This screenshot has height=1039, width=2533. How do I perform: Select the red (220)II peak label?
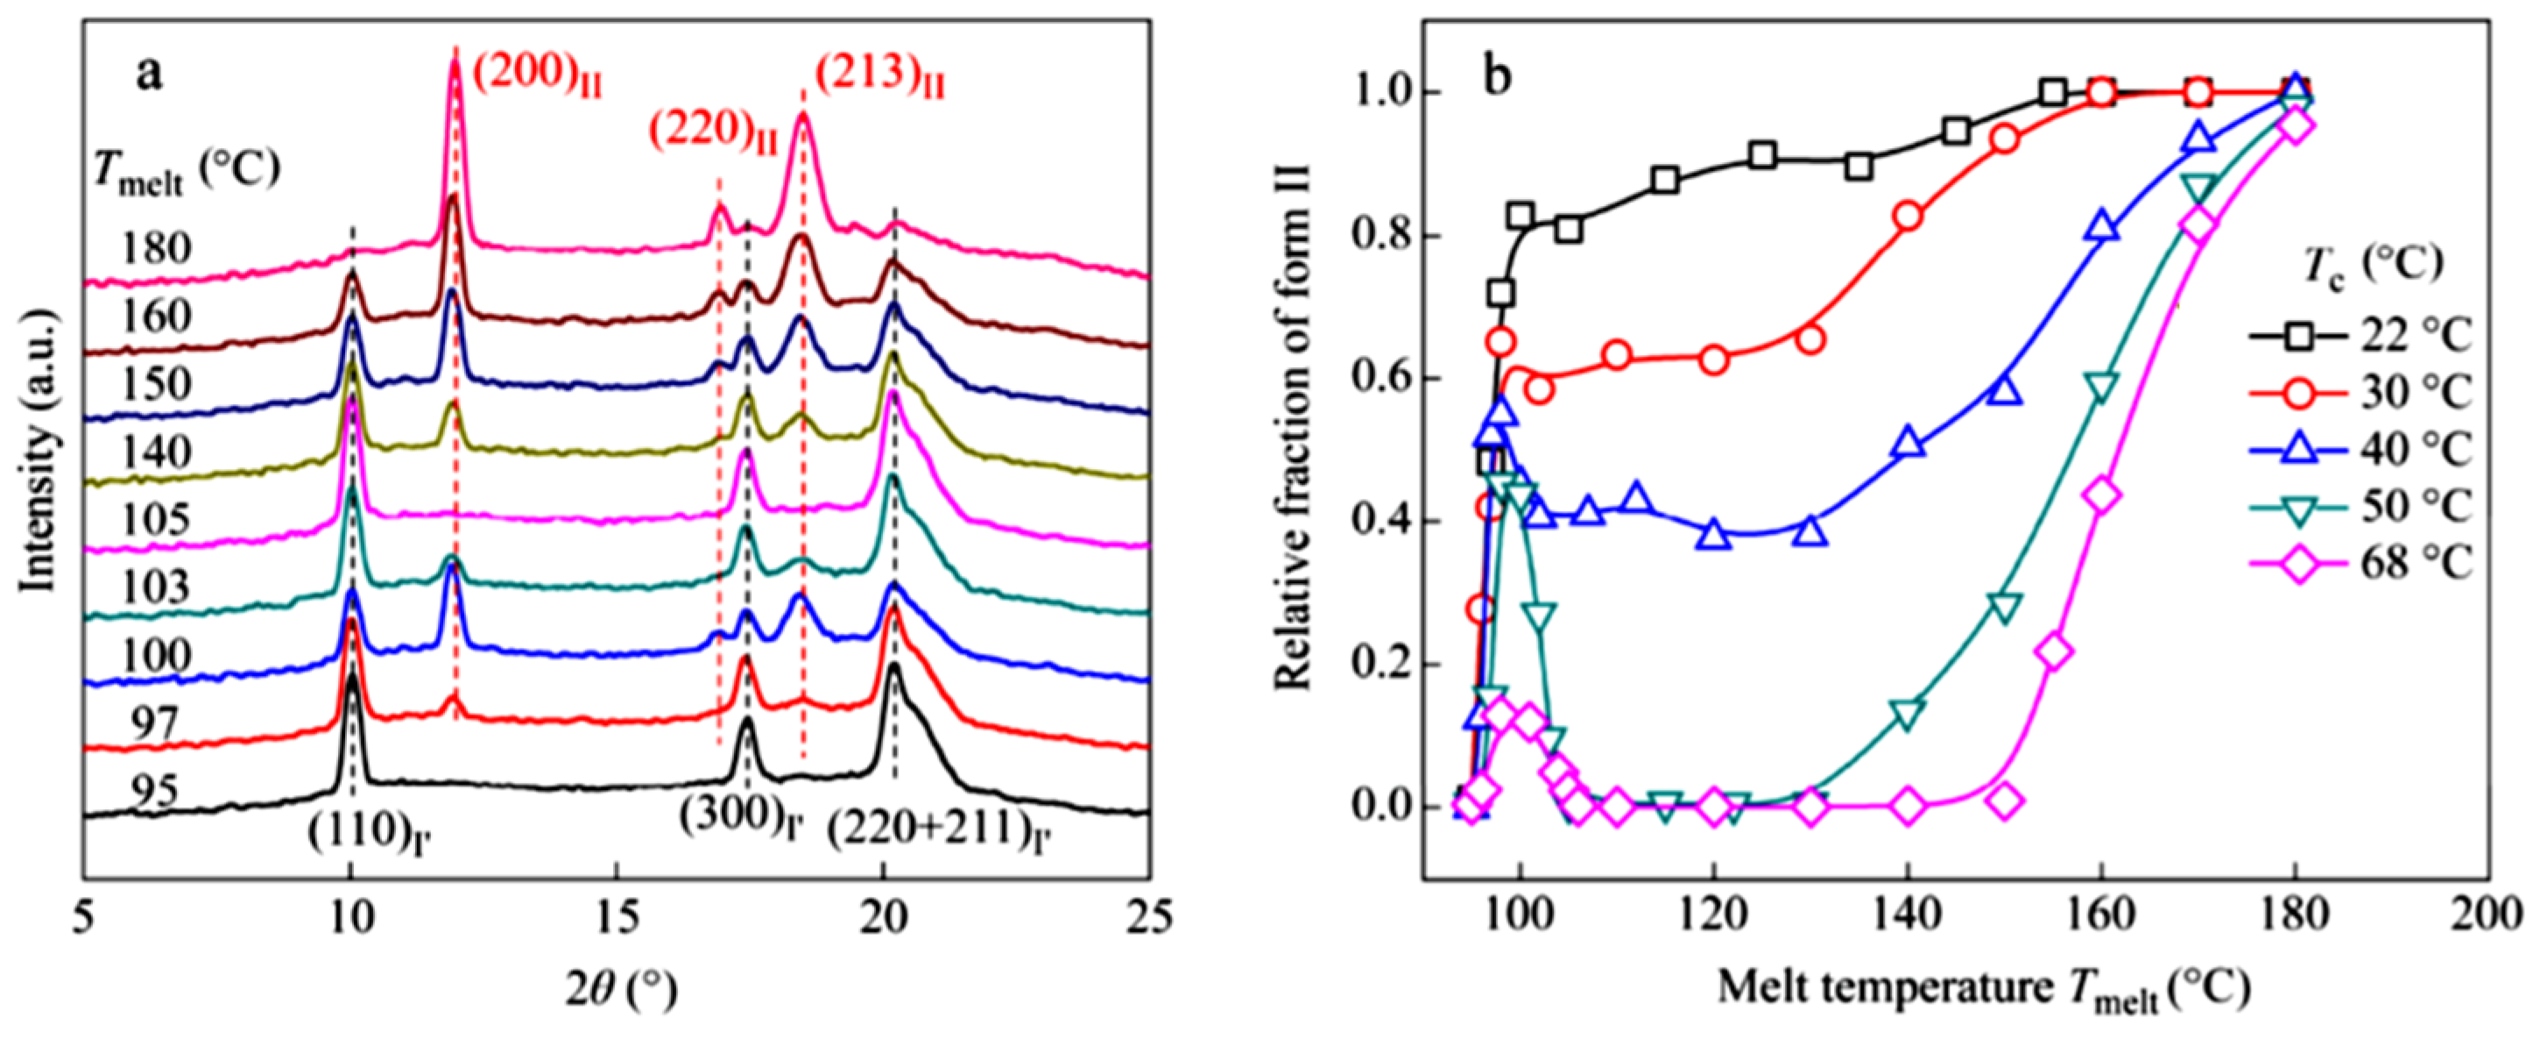(x=712, y=134)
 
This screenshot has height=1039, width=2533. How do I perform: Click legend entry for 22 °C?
(x=2360, y=338)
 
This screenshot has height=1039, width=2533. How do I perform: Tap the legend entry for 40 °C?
(x=2360, y=451)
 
